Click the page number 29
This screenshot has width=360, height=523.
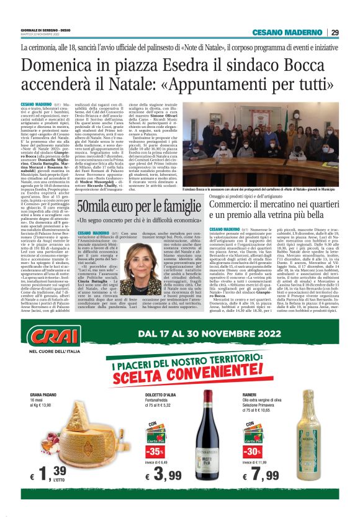pyautogui.click(x=335, y=32)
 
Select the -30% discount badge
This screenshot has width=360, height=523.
pyautogui.click(x=251, y=451)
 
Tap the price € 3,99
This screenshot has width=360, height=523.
pyautogui.click(x=164, y=476)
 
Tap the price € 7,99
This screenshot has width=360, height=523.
pyautogui.click(x=262, y=476)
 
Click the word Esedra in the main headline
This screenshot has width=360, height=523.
pyautogui.click(x=155, y=65)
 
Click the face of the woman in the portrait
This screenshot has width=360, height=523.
pyautogui.click(x=142, y=258)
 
